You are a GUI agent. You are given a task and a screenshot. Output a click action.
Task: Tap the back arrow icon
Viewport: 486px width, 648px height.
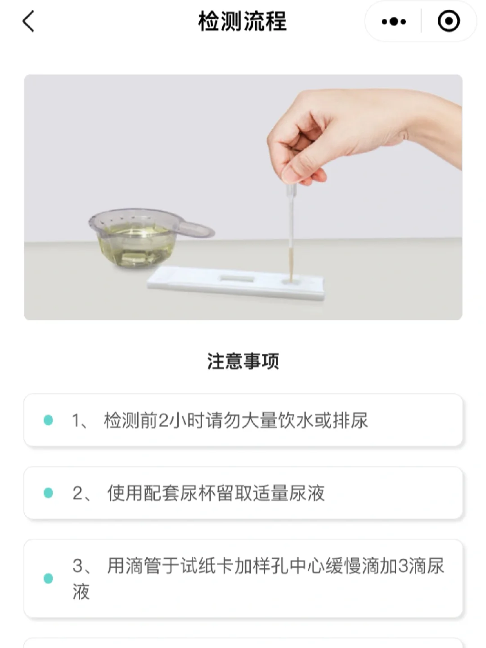[29, 21]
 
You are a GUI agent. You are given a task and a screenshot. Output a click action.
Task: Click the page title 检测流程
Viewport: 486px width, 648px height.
[243, 21]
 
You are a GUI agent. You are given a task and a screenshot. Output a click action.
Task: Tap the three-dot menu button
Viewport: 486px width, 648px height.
[394, 21]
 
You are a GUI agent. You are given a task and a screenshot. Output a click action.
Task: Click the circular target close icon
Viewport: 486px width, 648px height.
[449, 21]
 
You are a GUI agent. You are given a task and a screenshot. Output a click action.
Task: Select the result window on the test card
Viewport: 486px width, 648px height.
[237, 279]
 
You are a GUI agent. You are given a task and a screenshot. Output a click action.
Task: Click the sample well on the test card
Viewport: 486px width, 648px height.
[291, 281]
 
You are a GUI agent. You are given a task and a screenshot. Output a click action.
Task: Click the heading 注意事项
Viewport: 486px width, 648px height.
[243, 361]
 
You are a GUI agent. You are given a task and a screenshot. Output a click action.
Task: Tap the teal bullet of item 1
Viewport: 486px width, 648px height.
[48, 420]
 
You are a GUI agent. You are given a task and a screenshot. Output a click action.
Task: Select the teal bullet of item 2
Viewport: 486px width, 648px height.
[48, 492]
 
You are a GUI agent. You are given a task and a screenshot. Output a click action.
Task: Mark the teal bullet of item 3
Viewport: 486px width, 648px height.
[48, 578]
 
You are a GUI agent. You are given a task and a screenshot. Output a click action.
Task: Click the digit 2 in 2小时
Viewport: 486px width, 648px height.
[162, 420]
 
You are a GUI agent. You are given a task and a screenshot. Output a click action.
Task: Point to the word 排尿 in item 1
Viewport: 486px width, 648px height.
[350, 420]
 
